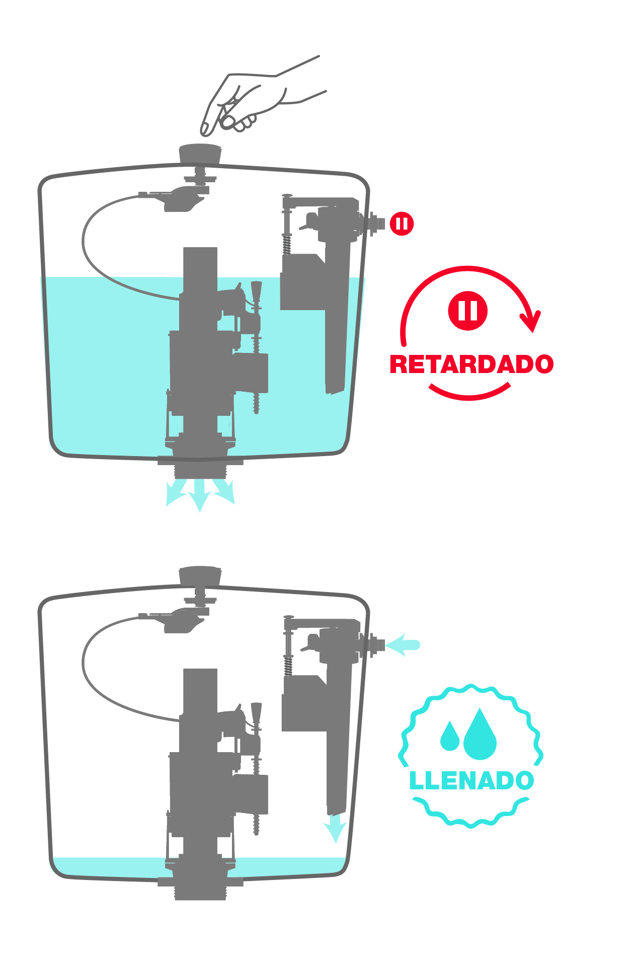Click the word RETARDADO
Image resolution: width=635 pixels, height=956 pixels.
tap(471, 364)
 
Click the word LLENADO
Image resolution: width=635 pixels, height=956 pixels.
tap(471, 781)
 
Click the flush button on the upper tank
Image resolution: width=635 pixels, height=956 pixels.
tap(200, 154)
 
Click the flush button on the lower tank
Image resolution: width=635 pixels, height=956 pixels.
tap(200, 575)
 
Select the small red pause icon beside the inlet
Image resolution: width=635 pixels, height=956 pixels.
tap(402, 224)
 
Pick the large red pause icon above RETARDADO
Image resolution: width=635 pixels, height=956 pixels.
tap(468, 311)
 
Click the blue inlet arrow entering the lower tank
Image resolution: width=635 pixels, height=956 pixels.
tap(403, 645)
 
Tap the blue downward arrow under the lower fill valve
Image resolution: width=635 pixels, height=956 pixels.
tap(335, 828)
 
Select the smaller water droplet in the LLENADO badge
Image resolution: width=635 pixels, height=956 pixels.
tap(450, 737)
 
